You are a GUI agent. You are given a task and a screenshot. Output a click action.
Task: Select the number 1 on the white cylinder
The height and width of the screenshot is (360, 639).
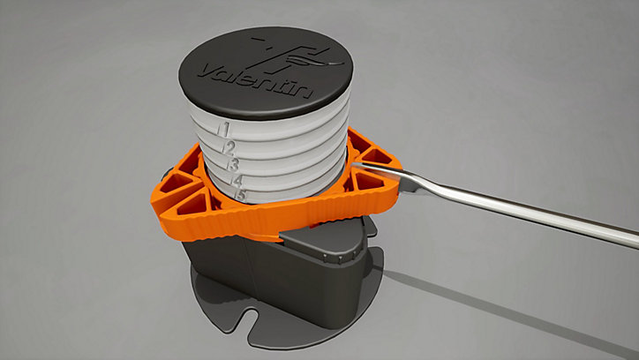225,130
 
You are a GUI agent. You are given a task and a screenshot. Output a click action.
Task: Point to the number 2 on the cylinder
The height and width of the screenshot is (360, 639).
229,148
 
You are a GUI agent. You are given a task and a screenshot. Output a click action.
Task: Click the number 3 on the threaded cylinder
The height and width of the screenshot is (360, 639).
234,165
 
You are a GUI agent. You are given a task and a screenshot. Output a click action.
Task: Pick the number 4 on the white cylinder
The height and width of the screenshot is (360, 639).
237,180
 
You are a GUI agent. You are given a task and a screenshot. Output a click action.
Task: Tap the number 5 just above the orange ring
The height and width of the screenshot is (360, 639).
241,195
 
